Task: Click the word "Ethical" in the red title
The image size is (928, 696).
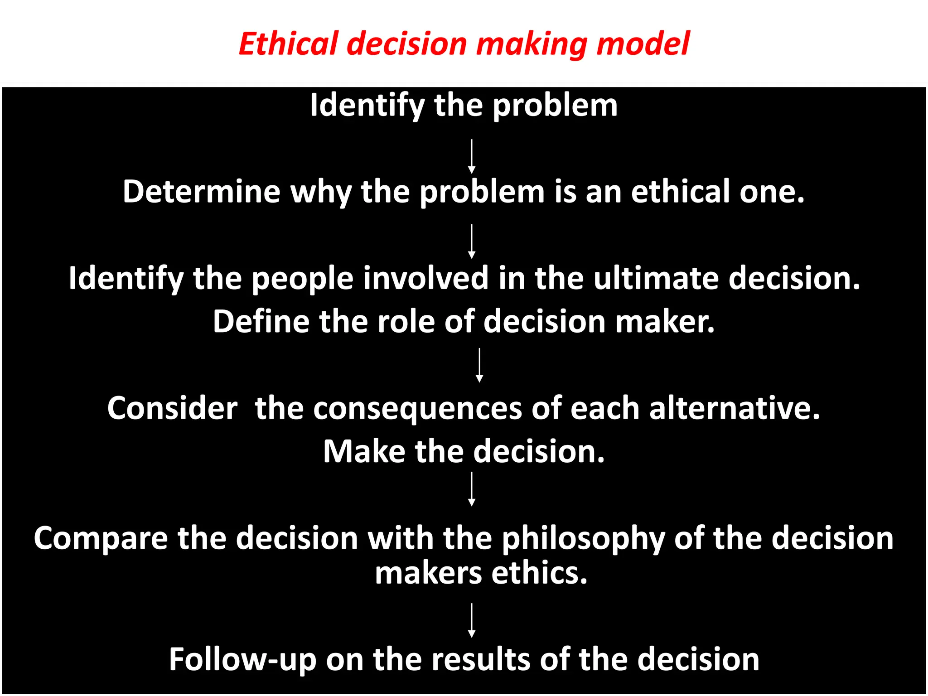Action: pos(289,44)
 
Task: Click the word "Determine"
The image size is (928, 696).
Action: pos(201,191)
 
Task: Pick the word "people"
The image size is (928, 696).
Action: pos(302,279)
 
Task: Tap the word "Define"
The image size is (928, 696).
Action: pos(261,321)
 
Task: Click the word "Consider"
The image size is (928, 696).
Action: pos(172,408)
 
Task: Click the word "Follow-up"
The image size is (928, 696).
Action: pos(242,660)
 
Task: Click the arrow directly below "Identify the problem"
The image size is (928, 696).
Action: pos(472,156)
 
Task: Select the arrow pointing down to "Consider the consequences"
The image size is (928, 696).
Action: pos(479,365)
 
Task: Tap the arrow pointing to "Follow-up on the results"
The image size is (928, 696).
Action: pos(472,620)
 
